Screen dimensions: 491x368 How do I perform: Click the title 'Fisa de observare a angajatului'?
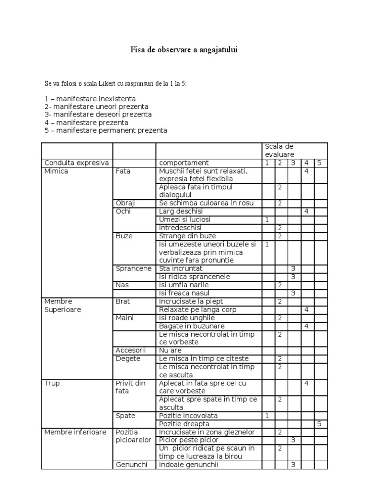(x=184, y=49)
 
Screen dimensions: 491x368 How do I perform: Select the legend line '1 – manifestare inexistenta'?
(x=84, y=98)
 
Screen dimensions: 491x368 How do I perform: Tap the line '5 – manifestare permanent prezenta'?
(x=106, y=130)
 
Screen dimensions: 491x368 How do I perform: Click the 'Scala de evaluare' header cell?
(x=279, y=150)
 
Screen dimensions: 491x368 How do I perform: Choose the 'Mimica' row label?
(x=56, y=171)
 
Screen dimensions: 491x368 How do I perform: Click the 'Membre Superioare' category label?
(x=63, y=305)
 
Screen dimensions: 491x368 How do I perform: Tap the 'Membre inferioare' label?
(x=75, y=432)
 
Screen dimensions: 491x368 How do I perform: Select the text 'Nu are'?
(x=171, y=350)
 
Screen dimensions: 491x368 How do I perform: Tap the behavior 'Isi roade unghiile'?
(x=187, y=317)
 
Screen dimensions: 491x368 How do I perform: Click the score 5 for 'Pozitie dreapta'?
(x=320, y=424)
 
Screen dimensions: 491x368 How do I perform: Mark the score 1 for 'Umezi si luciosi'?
(x=267, y=220)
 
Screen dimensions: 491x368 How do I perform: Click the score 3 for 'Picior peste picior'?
(x=293, y=440)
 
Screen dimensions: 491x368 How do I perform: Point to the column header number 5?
(x=320, y=163)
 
